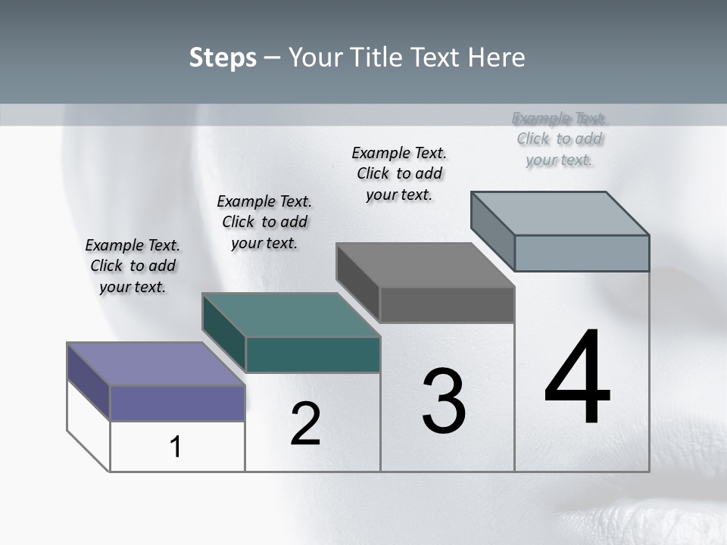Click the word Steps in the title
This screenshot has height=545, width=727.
click(223, 58)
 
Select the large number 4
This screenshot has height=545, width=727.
click(577, 378)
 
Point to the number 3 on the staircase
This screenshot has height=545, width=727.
click(444, 401)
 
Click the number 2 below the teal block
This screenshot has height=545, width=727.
click(305, 424)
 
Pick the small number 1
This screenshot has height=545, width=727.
click(175, 447)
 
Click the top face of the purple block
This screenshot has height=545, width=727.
click(155, 364)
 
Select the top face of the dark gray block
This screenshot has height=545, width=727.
click(425, 265)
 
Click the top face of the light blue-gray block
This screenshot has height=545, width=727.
click(560, 213)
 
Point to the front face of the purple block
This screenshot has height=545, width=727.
click(177, 403)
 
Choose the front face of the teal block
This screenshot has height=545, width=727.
click(313, 354)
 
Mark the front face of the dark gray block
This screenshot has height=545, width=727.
click(447, 304)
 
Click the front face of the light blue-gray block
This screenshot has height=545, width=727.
click(582, 253)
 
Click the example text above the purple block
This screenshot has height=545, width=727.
click(133, 266)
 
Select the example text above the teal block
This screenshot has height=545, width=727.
click(264, 222)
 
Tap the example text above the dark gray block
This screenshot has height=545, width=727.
click(399, 173)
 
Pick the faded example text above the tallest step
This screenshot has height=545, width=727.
click(560, 139)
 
